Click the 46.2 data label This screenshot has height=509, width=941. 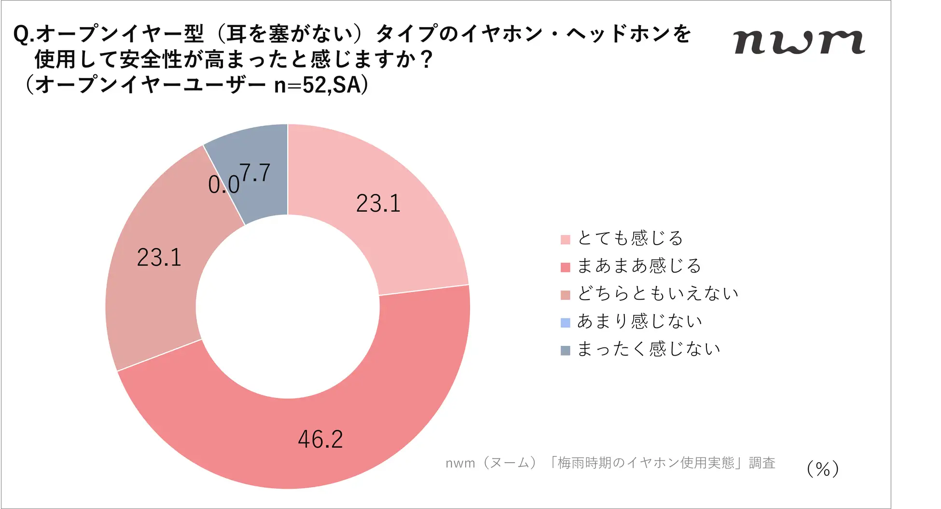point(320,440)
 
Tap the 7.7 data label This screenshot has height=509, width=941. point(255,173)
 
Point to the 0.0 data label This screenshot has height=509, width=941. point(223,185)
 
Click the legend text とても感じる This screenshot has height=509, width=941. point(630,238)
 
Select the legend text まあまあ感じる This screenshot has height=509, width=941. point(639,266)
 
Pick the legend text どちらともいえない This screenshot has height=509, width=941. point(658,293)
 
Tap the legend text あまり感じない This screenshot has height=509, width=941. point(639,321)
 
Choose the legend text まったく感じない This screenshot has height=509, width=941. point(649,349)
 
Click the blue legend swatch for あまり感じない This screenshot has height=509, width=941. point(566,322)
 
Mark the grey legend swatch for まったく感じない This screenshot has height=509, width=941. point(566,350)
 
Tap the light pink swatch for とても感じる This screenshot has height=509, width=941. point(566,240)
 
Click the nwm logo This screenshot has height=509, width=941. point(799,42)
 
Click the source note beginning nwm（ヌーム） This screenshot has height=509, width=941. point(610,463)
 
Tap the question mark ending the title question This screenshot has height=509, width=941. point(426,60)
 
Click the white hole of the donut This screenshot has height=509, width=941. point(288,307)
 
